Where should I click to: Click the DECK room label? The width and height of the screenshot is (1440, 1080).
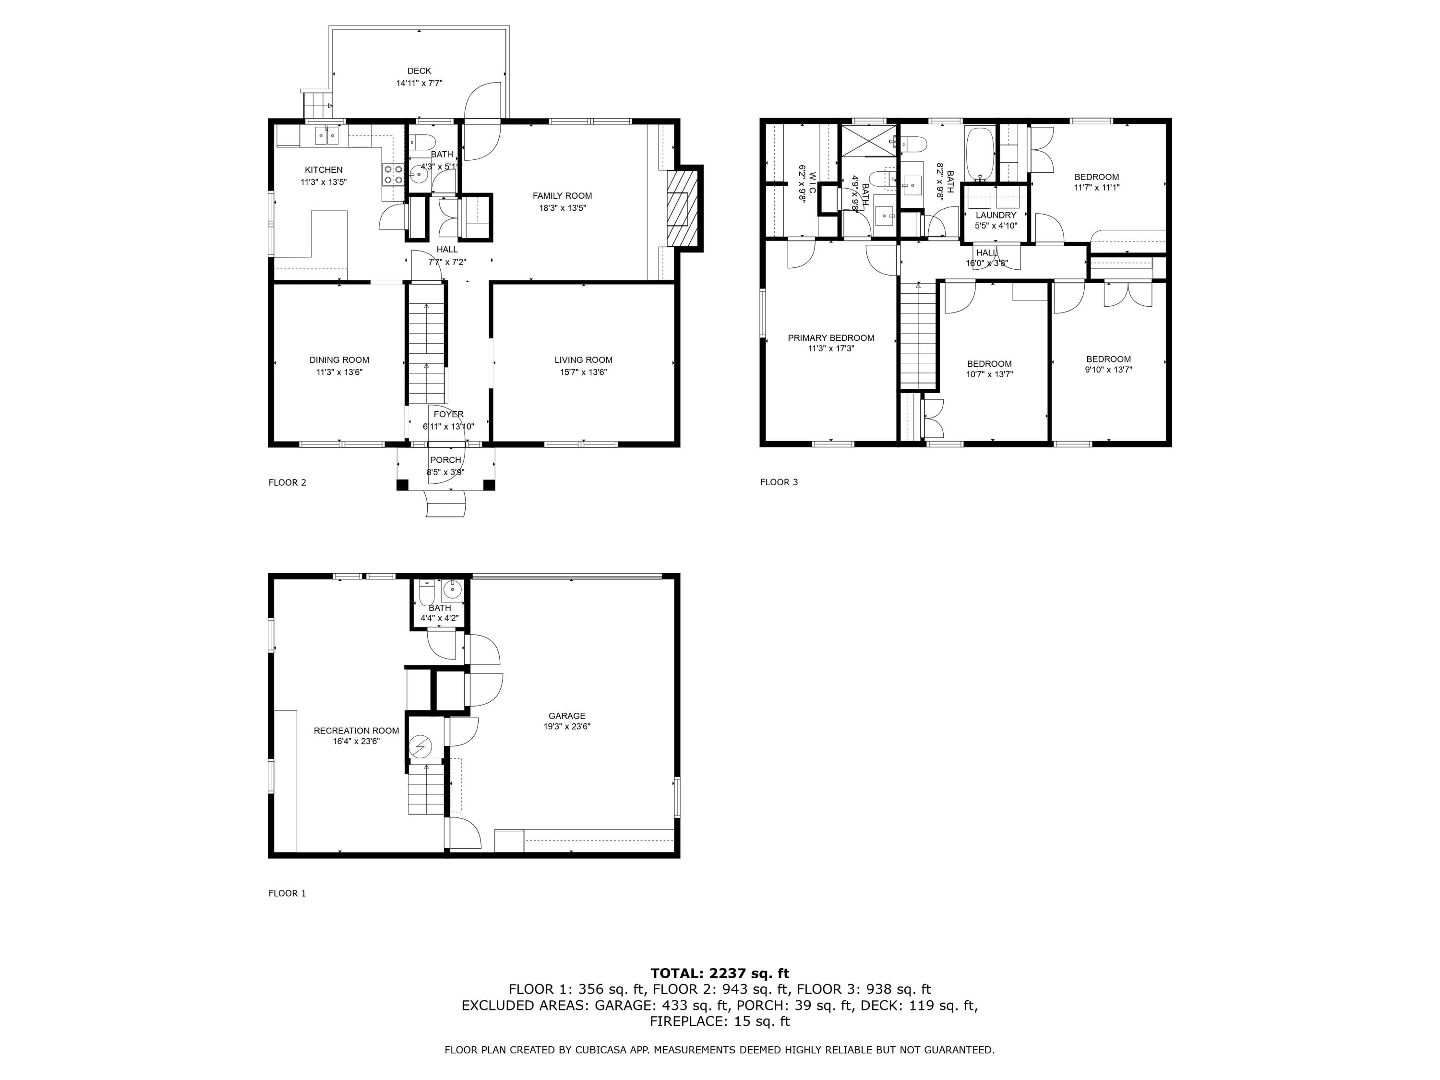(419, 71)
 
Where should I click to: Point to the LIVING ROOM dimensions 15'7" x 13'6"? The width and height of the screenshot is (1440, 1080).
(583, 372)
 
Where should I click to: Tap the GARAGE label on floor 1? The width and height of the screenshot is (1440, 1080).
(566, 716)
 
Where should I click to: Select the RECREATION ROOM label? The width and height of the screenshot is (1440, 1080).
(356, 731)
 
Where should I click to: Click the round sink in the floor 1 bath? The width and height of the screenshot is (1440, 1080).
(451, 590)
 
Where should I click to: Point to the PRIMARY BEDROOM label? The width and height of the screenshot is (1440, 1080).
(831, 338)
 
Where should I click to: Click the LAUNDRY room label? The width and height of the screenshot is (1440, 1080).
(996, 215)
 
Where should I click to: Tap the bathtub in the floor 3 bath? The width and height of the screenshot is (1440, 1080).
(980, 154)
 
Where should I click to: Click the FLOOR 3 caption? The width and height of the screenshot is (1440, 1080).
(779, 482)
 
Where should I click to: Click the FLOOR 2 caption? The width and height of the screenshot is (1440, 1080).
(287, 482)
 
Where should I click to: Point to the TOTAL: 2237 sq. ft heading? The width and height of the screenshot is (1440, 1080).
(720, 973)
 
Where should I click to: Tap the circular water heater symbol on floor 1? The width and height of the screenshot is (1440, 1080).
(420, 745)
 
